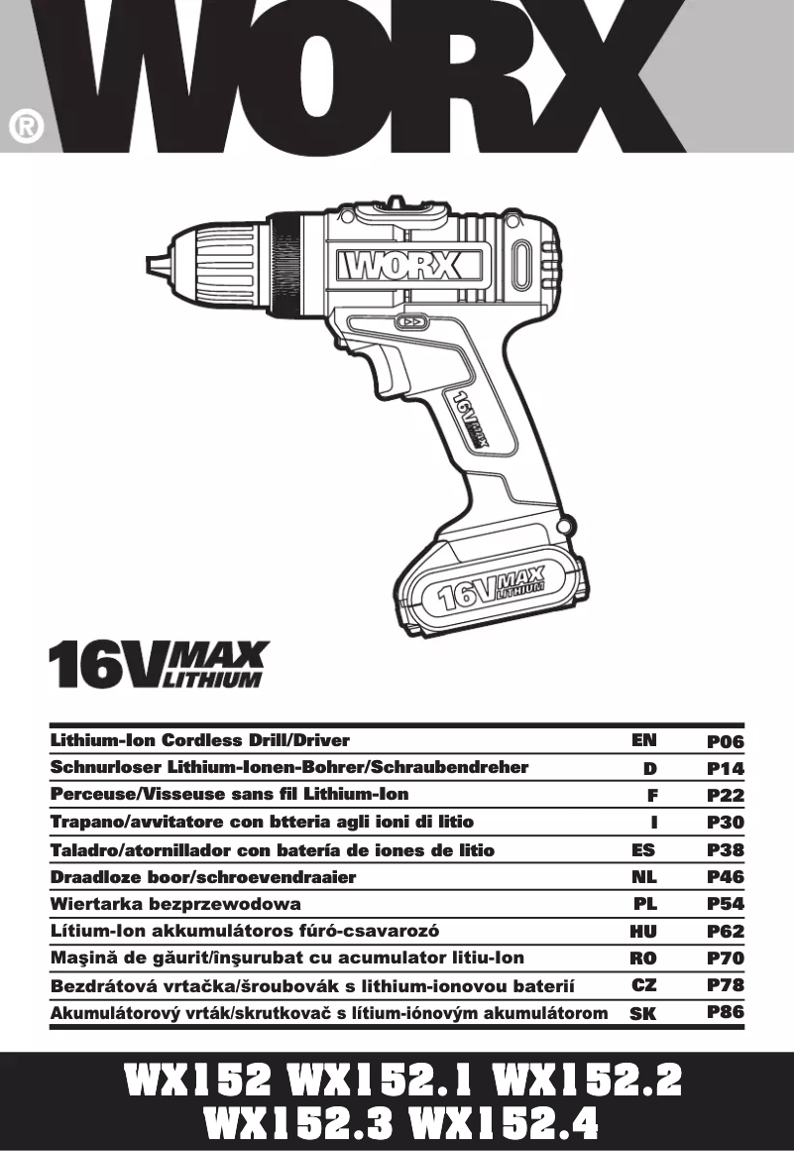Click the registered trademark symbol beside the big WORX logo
25,127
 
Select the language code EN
643,740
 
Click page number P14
726,768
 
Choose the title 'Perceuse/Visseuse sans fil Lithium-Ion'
229,795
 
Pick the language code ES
643,849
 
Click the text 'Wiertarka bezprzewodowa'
175,904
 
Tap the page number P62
726,932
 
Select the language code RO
643,959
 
